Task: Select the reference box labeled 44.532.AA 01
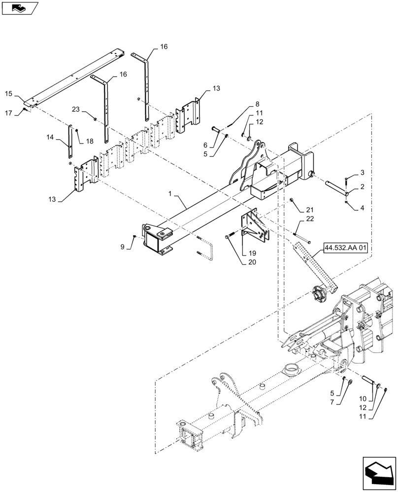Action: click(346, 247)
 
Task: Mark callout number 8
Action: click(257, 104)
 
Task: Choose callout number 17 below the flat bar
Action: click(9, 113)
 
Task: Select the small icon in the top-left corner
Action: click(20, 8)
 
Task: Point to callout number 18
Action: click(89, 141)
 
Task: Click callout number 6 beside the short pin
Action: click(206, 145)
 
